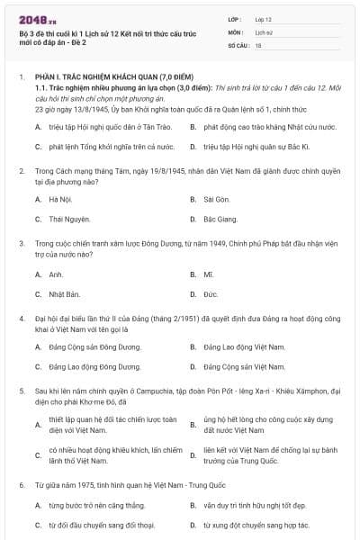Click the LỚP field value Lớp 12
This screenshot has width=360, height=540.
(264, 19)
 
